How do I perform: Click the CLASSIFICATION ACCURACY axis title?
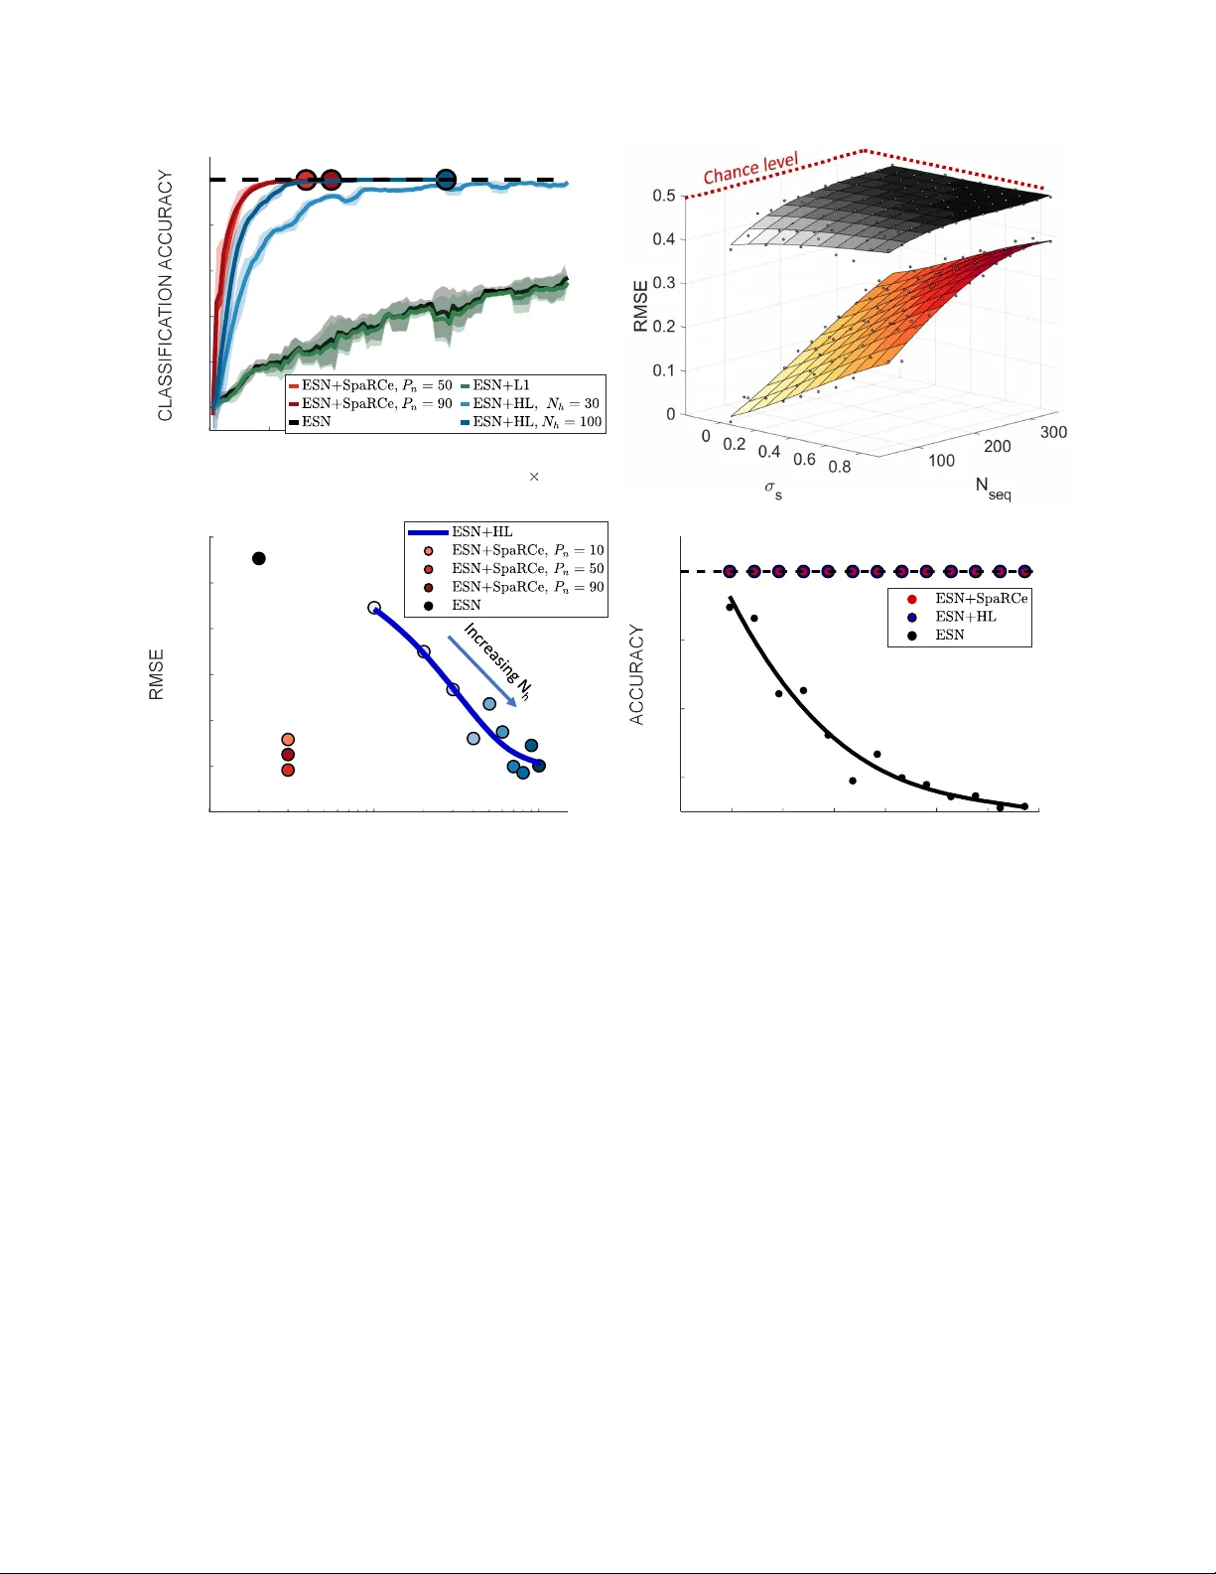click(x=166, y=295)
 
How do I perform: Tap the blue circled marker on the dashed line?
click(x=446, y=180)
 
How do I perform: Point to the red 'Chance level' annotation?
click(x=750, y=169)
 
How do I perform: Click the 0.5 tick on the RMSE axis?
click(x=664, y=196)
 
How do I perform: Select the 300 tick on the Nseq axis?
click(x=1053, y=432)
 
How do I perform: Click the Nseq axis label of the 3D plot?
click(x=993, y=488)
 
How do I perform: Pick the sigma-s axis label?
click(x=773, y=489)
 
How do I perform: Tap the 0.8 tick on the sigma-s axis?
click(x=839, y=467)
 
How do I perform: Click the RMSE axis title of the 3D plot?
click(x=641, y=305)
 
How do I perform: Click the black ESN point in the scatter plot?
click(x=259, y=558)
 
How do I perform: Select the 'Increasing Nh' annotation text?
click(x=496, y=661)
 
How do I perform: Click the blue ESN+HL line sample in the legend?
click(x=428, y=532)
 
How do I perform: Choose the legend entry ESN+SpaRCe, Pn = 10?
click(x=527, y=550)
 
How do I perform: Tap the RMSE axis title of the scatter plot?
click(x=157, y=674)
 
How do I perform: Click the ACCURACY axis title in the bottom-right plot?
click(x=637, y=674)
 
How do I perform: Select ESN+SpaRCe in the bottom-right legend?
click(x=981, y=599)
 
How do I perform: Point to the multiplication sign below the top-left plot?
click(x=534, y=477)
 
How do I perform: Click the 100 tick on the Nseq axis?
click(x=941, y=461)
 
